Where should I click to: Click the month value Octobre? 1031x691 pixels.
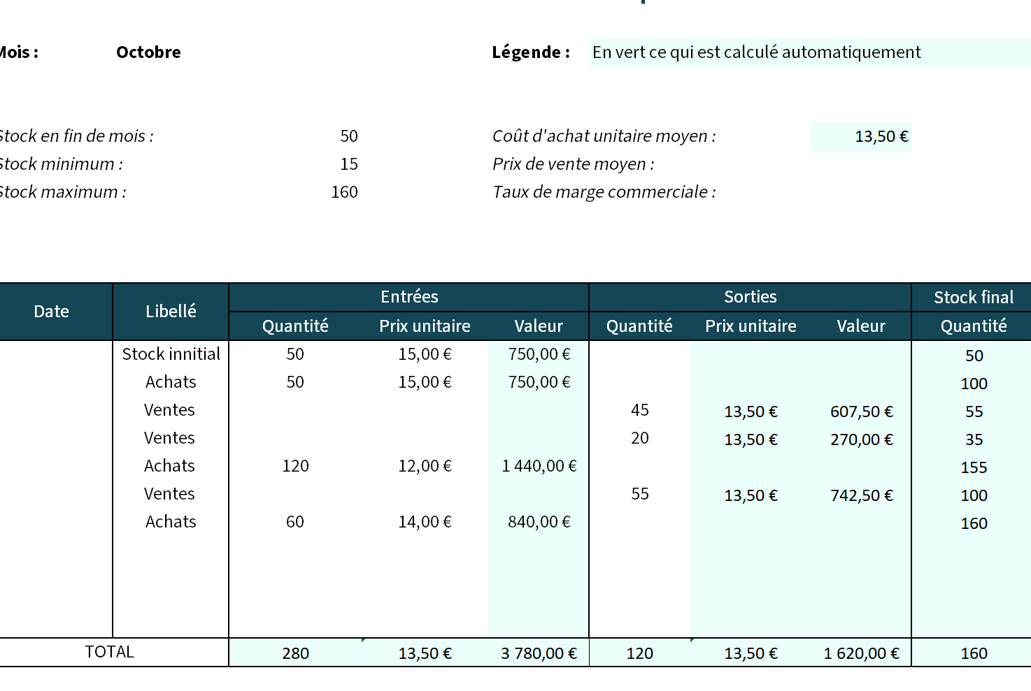click(x=148, y=52)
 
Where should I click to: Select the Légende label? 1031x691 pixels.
click(x=531, y=52)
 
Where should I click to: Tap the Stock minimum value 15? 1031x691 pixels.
click(x=349, y=164)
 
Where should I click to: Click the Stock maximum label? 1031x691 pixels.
click(x=62, y=192)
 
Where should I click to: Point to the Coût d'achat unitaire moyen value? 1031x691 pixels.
click(x=881, y=137)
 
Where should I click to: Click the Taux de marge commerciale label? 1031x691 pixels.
click(x=604, y=192)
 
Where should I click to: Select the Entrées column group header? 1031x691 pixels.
click(x=409, y=297)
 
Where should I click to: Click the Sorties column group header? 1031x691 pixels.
click(x=750, y=297)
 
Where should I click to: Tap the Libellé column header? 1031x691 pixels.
click(x=171, y=312)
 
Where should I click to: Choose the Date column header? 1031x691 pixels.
click(x=51, y=312)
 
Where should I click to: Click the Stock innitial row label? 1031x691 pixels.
click(x=171, y=354)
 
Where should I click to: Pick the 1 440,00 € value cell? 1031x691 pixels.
click(x=539, y=466)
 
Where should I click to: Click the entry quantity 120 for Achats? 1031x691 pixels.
click(x=295, y=466)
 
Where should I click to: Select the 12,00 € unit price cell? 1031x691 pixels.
click(x=425, y=466)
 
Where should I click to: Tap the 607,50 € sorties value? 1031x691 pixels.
click(x=862, y=412)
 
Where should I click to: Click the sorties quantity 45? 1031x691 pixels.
click(x=639, y=410)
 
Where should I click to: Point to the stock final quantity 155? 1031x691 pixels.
click(x=974, y=467)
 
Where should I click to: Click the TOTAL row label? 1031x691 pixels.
click(x=109, y=652)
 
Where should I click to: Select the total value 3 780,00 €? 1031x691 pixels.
click(x=539, y=653)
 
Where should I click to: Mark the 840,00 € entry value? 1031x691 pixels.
click(x=539, y=522)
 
